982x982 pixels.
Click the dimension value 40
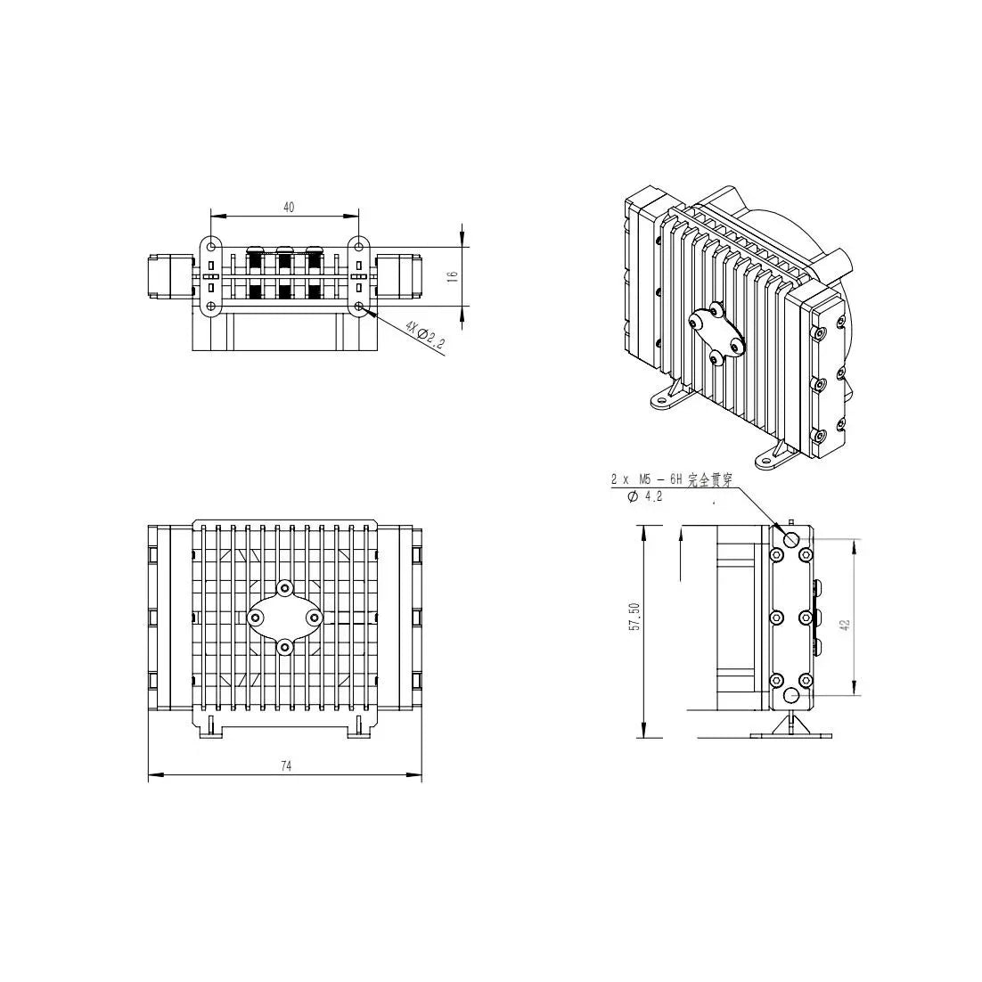coord(289,207)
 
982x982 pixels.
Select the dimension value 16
coord(454,275)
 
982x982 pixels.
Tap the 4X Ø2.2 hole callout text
coord(425,335)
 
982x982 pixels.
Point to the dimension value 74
coord(286,765)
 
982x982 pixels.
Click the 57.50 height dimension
coord(634,617)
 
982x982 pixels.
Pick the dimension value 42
coord(846,625)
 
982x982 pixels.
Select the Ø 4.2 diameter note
coord(644,497)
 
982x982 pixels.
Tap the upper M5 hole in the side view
coord(791,538)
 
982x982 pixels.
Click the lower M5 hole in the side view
coord(791,694)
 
